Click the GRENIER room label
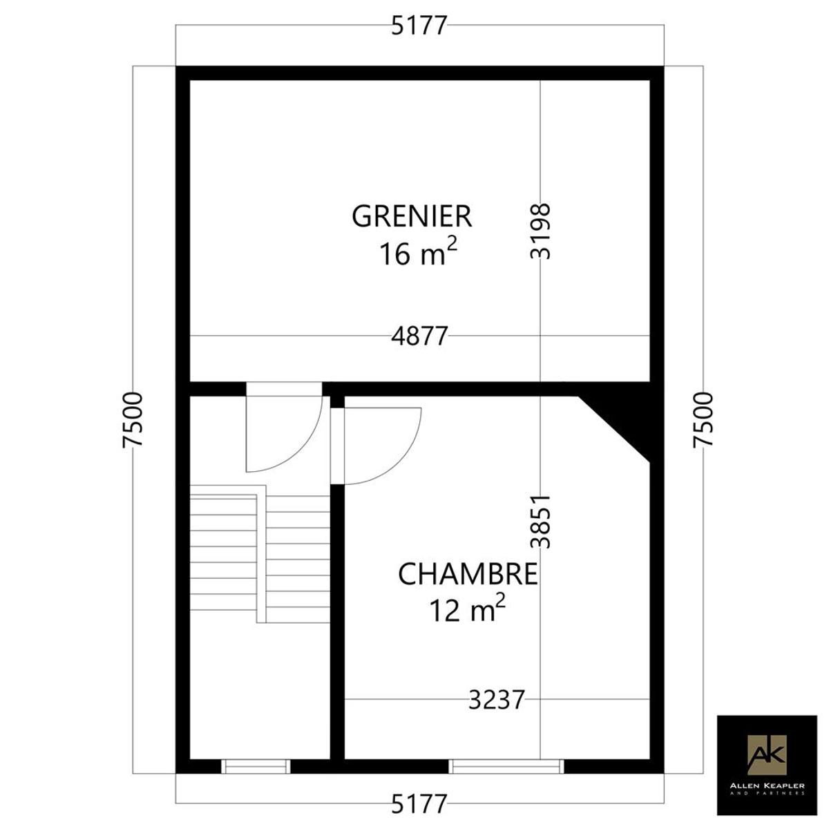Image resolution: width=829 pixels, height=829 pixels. pyautogui.click(x=412, y=216)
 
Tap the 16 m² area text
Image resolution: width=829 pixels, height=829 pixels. pyautogui.click(x=418, y=253)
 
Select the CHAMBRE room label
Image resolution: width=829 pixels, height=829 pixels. pyautogui.click(x=468, y=574)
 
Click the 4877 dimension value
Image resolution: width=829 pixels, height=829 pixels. pyautogui.click(x=420, y=336)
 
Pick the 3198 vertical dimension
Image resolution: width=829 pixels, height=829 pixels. pyautogui.click(x=540, y=231)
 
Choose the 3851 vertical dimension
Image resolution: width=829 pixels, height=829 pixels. pyautogui.click(x=540, y=521)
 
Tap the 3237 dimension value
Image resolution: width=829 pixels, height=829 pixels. pyautogui.click(x=497, y=700)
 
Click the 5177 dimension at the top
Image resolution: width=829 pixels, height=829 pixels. pyautogui.click(x=419, y=26)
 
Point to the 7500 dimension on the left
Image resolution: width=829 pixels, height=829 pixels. pyautogui.click(x=133, y=420)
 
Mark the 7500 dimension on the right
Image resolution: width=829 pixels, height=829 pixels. pyautogui.click(x=703, y=420)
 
